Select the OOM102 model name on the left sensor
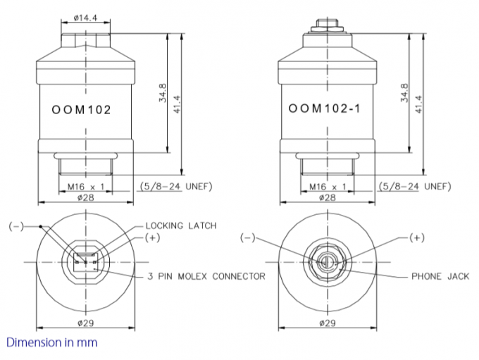pyautogui.click(x=82, y=111)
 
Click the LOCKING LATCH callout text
pyautogui.click(x=180, y=225)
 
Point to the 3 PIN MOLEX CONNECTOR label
pyautogui.click(x=206, y=275)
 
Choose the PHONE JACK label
pyautogui.click(x=440, y=276)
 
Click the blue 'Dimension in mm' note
pyautogui.click(x=51, y=342)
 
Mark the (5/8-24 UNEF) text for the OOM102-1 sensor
pyautogui.click(x=413, y=186)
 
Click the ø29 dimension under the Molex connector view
pyautogui.click(x=86, y=323)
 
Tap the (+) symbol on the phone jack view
pyautogui.click(x=417, y=237)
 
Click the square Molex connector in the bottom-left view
pyautogui.click(x=86, y=261)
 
